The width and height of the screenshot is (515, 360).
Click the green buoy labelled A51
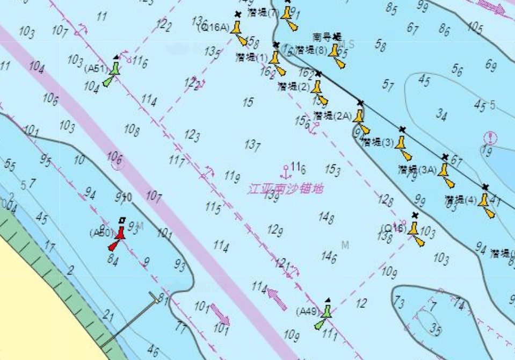click(114, 69)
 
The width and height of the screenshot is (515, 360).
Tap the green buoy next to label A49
click(326, 311)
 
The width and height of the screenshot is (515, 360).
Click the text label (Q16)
click(393, 228)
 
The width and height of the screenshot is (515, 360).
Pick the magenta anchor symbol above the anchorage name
click(285, 171)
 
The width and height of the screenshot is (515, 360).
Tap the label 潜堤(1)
click(251, 57)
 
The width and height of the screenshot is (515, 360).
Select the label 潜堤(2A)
click(332, 115)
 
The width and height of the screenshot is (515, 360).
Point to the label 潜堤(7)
click(264, 12)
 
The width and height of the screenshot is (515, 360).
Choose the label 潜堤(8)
click(311, 50)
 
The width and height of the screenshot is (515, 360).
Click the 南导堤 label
click(327, 37)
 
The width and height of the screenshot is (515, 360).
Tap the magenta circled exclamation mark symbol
click(490, 138)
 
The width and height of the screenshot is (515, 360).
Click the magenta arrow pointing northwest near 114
click(277, 298)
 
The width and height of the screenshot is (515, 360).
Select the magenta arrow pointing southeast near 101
click(220, 314)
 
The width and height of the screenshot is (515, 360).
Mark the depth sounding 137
click(252, 145)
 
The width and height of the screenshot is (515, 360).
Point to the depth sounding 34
click(441, 114)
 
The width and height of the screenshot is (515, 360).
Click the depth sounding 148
click(326, 217)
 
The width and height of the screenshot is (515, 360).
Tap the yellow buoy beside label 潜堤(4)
click(485, 203)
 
